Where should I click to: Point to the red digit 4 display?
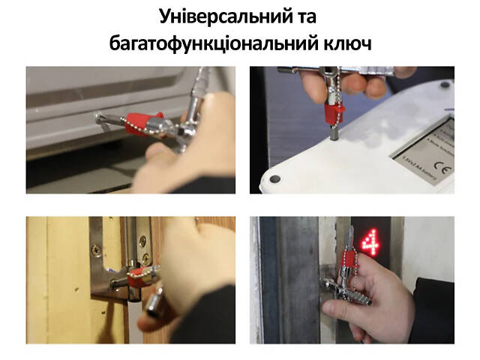[x=369, y=241]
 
